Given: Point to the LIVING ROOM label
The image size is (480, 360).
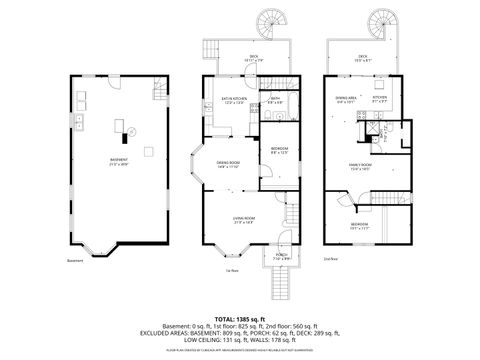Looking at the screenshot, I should [x=244, y=220].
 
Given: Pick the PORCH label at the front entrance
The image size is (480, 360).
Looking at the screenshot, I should [x=281, y=256].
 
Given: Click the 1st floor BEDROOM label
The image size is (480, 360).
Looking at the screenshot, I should [x=280, y=150].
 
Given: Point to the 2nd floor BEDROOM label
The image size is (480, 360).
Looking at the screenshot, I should [x=360, y=225].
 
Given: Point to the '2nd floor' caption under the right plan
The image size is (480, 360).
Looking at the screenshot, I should [x=330, y=258].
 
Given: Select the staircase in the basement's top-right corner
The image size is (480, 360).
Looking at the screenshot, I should [x=160, y=96].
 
